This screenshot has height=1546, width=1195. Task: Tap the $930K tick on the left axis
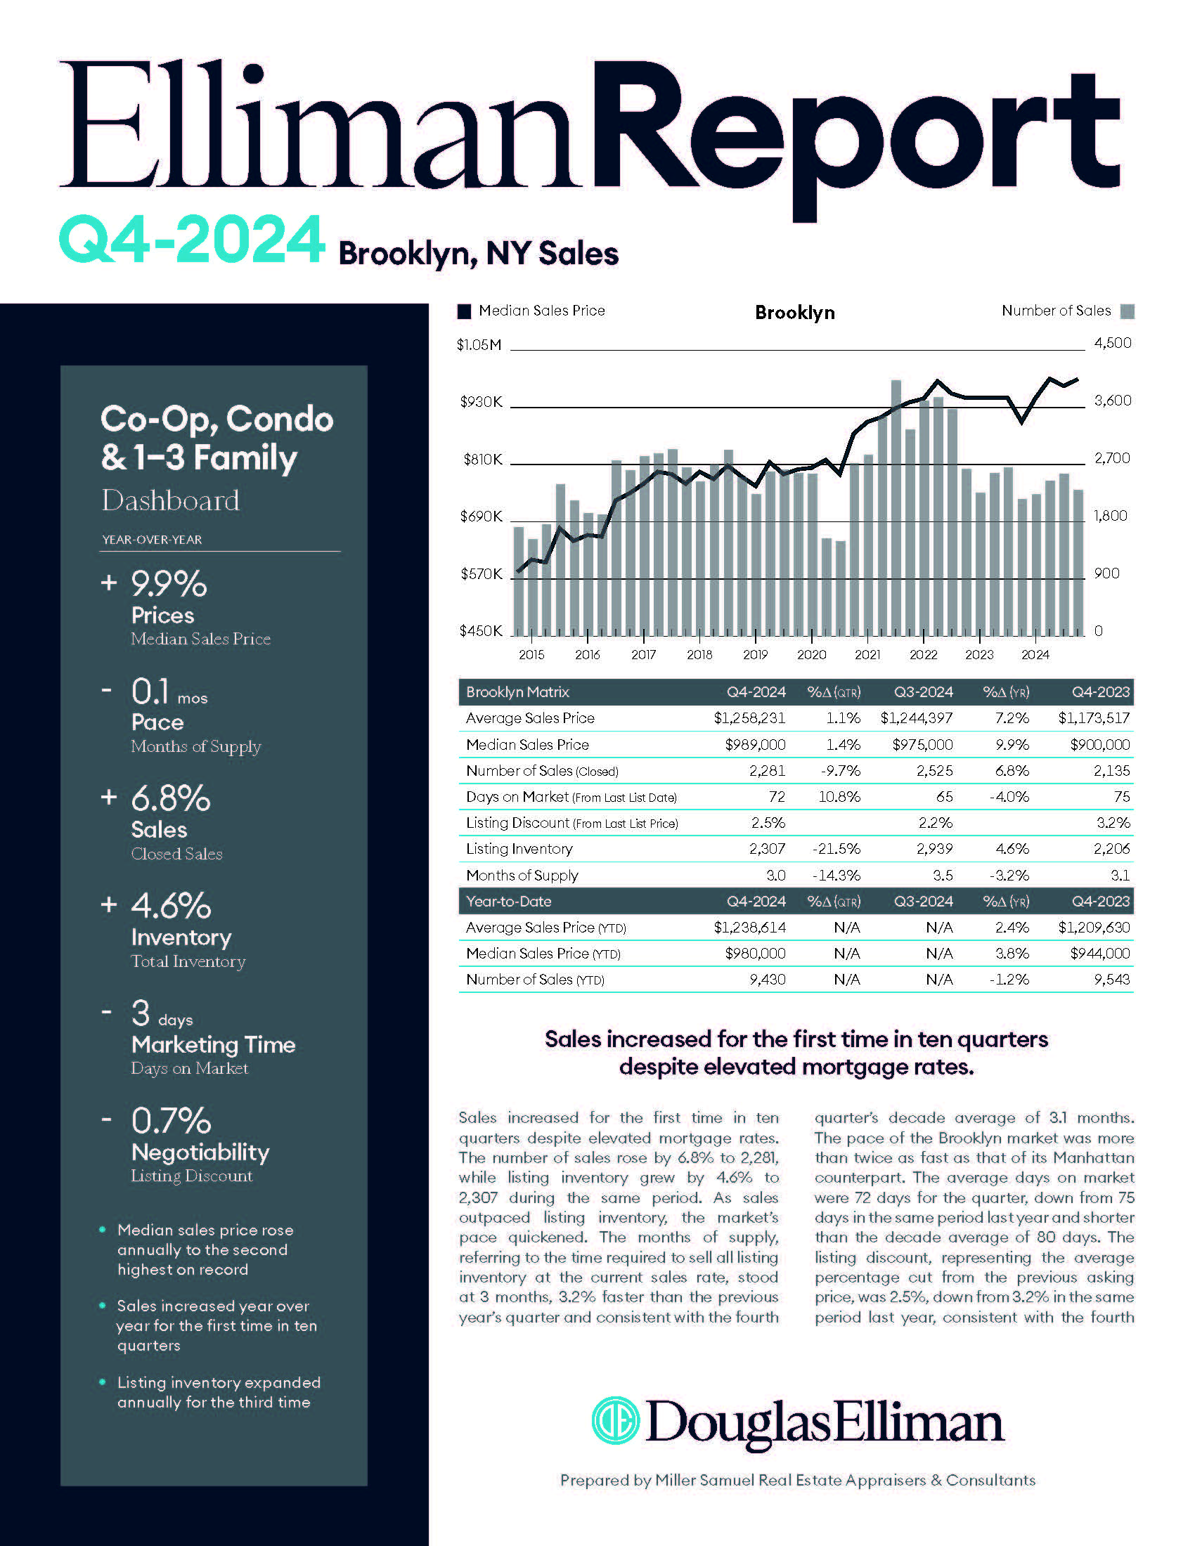(x=481, y=402)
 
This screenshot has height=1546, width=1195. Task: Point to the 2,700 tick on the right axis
(x=1112, y=458)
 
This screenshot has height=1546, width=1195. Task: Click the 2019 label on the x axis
(x=756, y=655)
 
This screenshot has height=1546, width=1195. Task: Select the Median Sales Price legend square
(x=465, y=311)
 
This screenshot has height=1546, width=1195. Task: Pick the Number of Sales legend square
(x=1128, y=311)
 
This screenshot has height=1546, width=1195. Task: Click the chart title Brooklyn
(x=794, y=312)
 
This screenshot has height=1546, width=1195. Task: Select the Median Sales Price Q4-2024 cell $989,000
(x=755, y=745)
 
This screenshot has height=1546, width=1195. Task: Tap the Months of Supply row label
(x=522, y=875)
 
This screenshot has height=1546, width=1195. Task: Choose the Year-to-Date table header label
(x=508, y=901)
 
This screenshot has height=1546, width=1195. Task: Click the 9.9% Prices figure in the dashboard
(x=169, y=585)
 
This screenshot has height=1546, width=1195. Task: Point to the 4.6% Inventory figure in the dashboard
(x=171, y=905)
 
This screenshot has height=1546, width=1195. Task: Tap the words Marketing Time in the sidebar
(x=213, y=1045)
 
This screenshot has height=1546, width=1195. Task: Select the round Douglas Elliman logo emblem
(x=615, y=1420)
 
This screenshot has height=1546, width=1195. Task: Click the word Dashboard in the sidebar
(x=171, y=500)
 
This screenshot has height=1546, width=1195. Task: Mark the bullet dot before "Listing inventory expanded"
(x=103, y=1382)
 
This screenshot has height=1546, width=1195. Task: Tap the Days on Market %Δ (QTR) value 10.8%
(x=839, y=797)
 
